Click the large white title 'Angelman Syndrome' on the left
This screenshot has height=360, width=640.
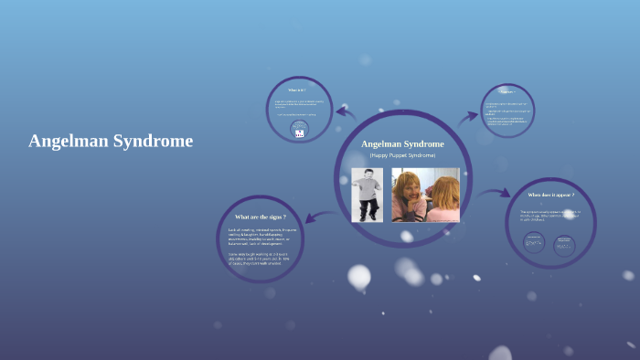[111, 141]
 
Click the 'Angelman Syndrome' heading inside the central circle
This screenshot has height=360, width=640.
[402, 143]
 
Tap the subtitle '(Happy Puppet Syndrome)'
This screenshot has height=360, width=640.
[402, 155]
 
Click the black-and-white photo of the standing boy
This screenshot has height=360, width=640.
[368, 194]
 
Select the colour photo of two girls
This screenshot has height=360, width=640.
[425, 194]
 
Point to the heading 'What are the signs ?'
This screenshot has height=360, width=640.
[261, 217]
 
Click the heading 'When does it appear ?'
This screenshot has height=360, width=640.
[550, 195]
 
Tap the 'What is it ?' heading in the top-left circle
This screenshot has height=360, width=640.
[297, 90]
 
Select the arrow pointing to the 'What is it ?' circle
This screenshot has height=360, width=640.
[346, 112]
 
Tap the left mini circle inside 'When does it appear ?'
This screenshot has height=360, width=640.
[534, 242]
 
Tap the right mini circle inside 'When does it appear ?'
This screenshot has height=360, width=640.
[564, 243]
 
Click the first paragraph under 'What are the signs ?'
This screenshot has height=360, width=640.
[261, 236]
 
